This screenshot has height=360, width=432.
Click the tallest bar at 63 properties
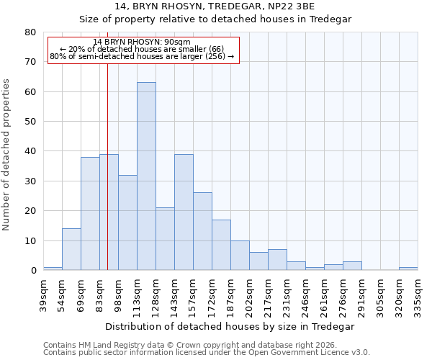[x=146, y=176]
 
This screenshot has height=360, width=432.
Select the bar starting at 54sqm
[x=71, y=249]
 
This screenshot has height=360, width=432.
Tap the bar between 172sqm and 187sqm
[x=221, y=245]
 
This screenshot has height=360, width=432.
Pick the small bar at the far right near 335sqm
[x=408, y=269]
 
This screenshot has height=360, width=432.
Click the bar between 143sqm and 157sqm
[x=184, y=212]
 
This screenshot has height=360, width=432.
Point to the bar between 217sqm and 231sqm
[x=277, y=260]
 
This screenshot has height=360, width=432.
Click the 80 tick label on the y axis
[x=30, y=32]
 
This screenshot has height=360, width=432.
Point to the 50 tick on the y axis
[x=30, y=122]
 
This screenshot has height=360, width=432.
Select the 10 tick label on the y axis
[x=30, y=240]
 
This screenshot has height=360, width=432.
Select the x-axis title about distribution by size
[x=230, y=326]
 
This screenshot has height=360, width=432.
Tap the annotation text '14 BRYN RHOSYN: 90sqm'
[x=142, y=42]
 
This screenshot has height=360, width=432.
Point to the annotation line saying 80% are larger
[x=142, y=56]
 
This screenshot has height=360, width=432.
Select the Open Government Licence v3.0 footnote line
[x=207, y=353]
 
